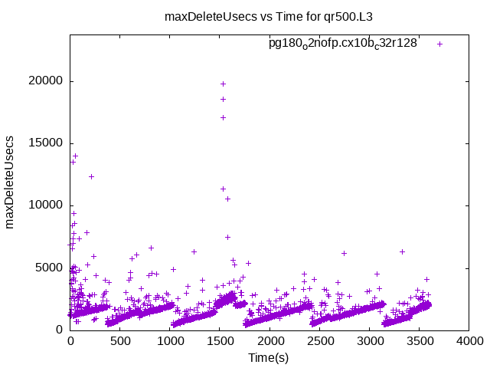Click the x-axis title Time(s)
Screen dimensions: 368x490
click(268, 358)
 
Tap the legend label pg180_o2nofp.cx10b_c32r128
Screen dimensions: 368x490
click(342, 44)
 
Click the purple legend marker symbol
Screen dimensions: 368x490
click(439, 44)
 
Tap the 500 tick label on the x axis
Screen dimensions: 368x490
click(120, 341)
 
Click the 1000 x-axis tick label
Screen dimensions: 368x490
click(170, 341)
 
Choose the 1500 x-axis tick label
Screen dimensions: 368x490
click(220, 341)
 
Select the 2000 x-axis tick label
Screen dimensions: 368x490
click(269, 341)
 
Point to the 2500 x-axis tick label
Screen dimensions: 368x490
click(319, 341)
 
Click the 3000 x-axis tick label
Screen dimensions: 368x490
click(369, 341)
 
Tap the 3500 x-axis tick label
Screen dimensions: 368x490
click(419, 341)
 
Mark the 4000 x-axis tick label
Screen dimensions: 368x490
click(469, 341)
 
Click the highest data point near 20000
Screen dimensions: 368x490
click(223, 84)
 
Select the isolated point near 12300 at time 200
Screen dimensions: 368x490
click(91, 176)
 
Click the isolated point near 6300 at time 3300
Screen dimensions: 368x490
click(402, 251)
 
